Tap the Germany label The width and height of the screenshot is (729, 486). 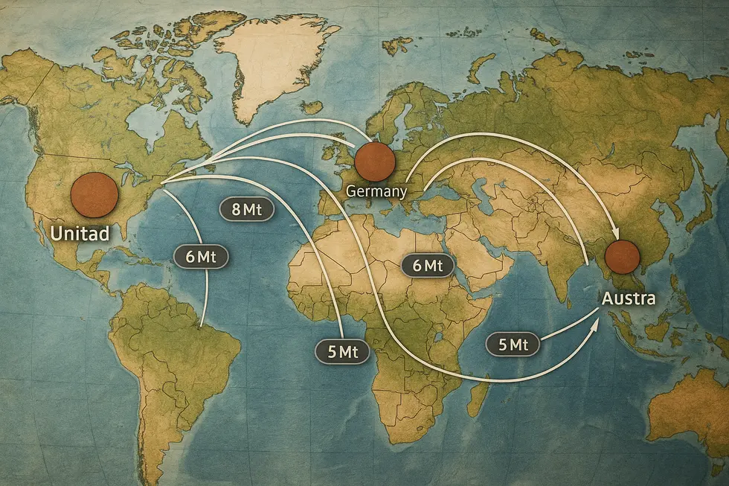tap(376, 191)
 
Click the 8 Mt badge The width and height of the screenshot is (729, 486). tap(247, 209)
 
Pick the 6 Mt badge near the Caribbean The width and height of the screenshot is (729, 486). tap(200, 256)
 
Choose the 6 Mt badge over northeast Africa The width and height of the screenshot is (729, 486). tap(427, 265)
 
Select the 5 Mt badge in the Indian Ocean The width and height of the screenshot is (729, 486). tap(513, 344)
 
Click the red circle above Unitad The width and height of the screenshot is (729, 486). tap(94, 194)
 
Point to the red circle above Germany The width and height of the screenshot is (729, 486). tap(374, 162)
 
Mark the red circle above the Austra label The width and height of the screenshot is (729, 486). tap(622, 257)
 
